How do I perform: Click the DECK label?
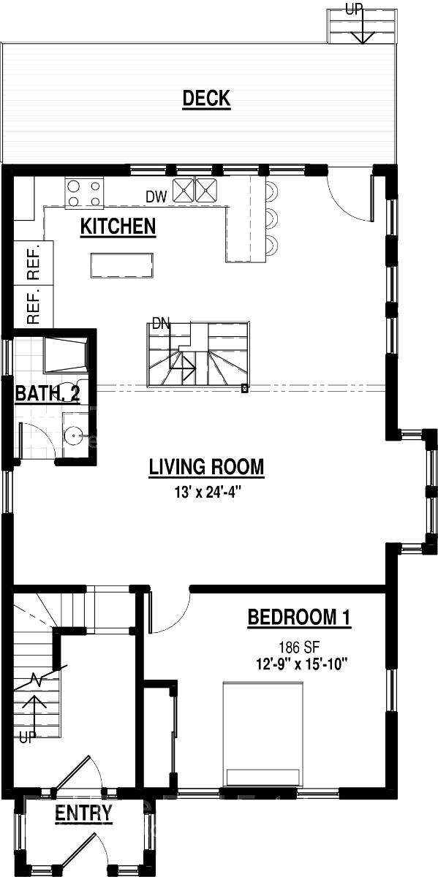[206, 98]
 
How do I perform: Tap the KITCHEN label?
[118, 227]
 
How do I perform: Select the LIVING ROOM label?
[206, 467]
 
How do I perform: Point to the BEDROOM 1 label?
[299, 617]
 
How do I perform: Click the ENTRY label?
[83, 813]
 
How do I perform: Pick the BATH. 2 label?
[48, 392]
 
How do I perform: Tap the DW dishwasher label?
[156, 197]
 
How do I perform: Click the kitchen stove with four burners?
[85, 191]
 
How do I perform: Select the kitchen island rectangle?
[122, 265]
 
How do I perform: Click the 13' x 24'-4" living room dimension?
[207, 492]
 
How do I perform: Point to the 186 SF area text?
[299, 648]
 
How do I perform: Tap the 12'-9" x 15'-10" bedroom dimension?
[302, 664]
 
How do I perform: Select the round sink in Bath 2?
[73, 434]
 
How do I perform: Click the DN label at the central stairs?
[161, 324]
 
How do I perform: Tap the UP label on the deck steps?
[354, 9]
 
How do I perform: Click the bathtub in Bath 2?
[65, 354]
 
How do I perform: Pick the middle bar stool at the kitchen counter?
[271, 219]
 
